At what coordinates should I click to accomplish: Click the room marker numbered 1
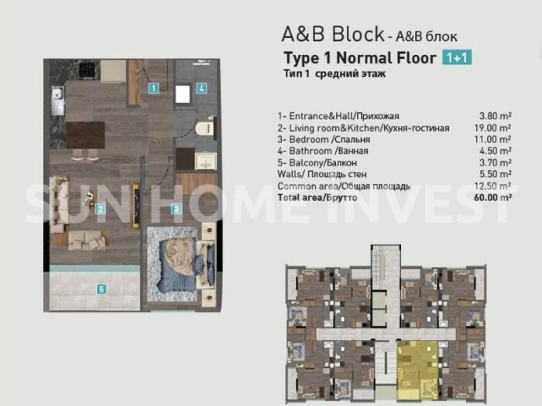[153, 88]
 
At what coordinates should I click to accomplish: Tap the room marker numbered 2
[100, 209]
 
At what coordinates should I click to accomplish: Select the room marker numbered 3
[177, 209]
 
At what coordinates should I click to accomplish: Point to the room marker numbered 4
[202, 88]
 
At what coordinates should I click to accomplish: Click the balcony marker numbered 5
[101, 289]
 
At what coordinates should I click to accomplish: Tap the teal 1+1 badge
[457, 58]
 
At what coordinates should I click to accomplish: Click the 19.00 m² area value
[492, 128]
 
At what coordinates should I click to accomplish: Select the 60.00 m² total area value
[493, 197]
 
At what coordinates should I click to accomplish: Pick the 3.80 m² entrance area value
[496, 116]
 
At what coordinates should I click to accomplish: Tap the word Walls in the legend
[289, 174]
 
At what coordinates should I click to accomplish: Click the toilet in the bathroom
[205, 128]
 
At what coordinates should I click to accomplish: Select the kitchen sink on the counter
[57, 100]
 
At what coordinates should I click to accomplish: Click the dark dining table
[85, 135]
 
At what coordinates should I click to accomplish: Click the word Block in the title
[358, 34]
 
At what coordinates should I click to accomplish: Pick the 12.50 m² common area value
[492, 186]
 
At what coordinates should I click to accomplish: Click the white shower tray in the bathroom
[183, 94]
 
